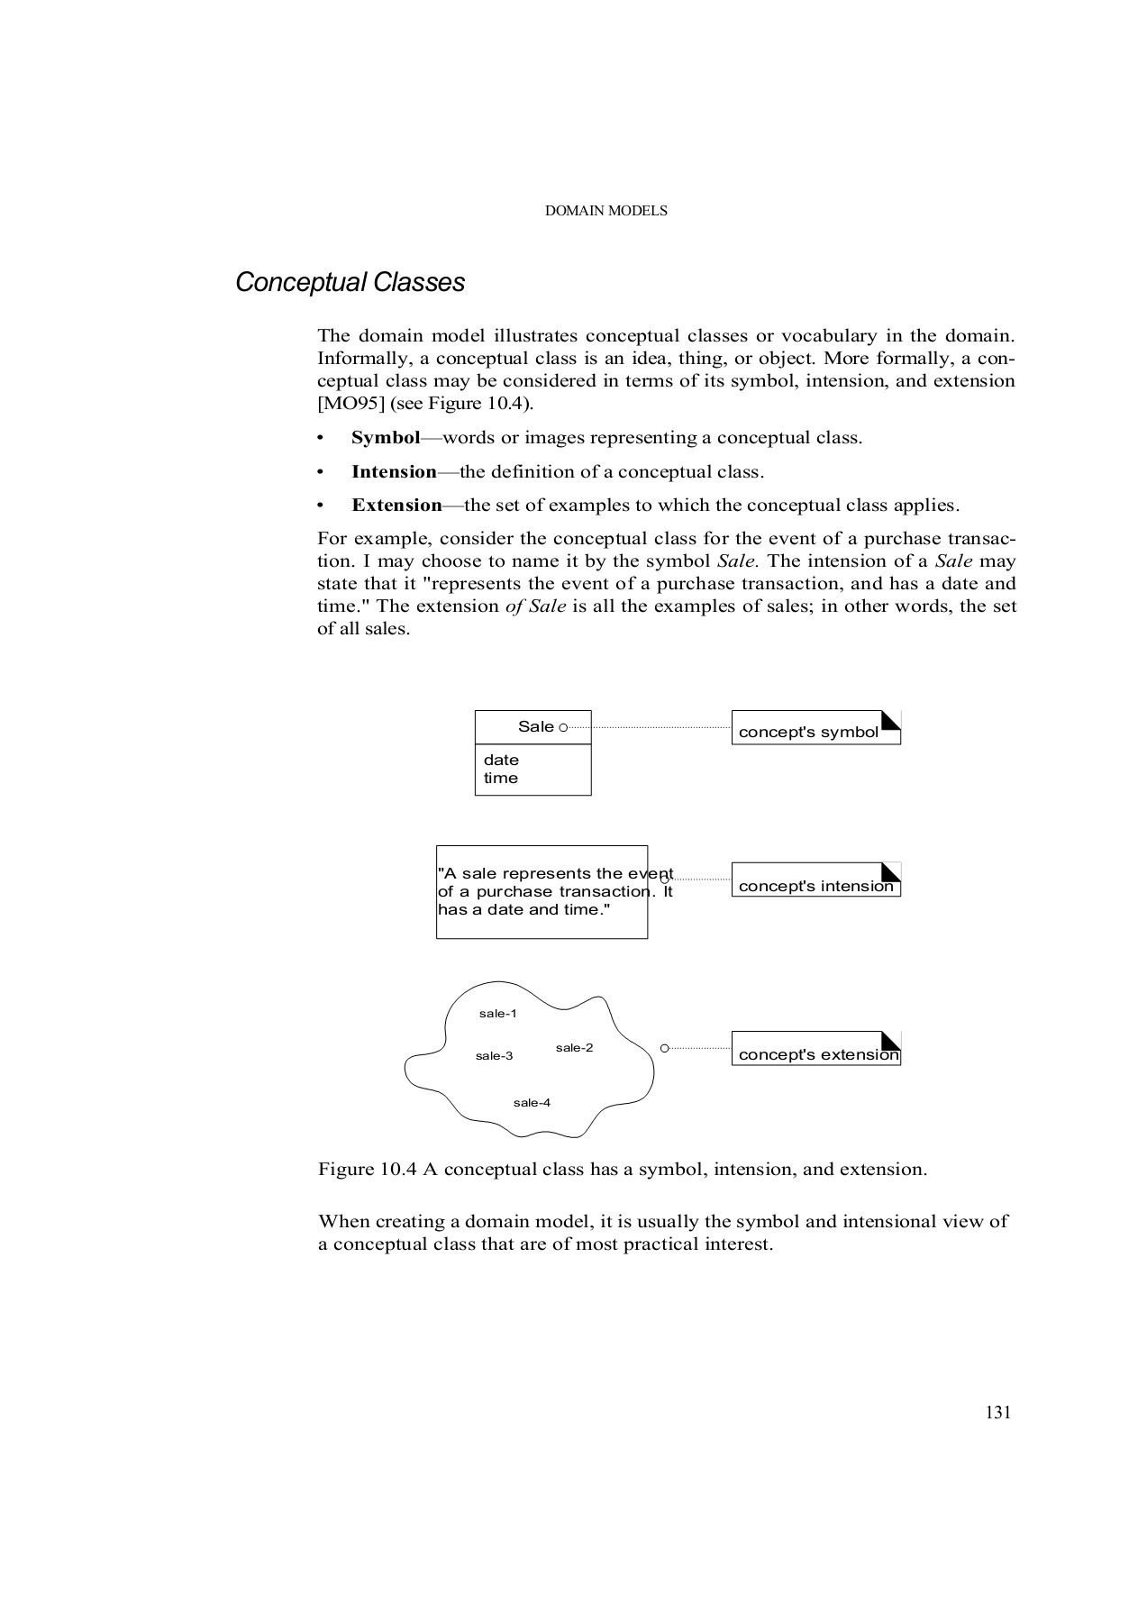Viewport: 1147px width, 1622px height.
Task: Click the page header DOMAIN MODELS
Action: tap(606, 211)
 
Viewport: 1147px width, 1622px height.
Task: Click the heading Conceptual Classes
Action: tap(350, 283)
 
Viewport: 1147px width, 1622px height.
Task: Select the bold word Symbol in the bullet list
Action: tap(386, 438)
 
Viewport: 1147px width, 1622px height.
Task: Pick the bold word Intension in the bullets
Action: tap(394, 472)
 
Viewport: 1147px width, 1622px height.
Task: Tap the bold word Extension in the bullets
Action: tap(396, 506)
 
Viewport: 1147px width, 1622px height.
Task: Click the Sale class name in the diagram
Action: tap(535, 727)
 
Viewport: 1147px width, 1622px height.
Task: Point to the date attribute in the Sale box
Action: tap(501, 761)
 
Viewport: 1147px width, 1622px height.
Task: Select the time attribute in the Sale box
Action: tap(501, 779)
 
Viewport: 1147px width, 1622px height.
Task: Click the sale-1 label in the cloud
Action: tap(497, 1014)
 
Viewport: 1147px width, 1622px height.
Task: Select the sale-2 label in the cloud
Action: tap(574, 1048)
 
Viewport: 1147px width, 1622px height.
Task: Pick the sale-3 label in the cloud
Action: tap(494, 1056)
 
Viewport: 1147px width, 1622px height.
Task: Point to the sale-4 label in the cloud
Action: tap(532, 1103)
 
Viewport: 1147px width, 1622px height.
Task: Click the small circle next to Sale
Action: tap(563, 727)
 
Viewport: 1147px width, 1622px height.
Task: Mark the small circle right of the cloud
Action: tap(664, 1048)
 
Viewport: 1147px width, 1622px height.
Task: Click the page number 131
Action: tap(997, 1413)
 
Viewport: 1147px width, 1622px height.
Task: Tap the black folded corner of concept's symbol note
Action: tap(892, 719)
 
